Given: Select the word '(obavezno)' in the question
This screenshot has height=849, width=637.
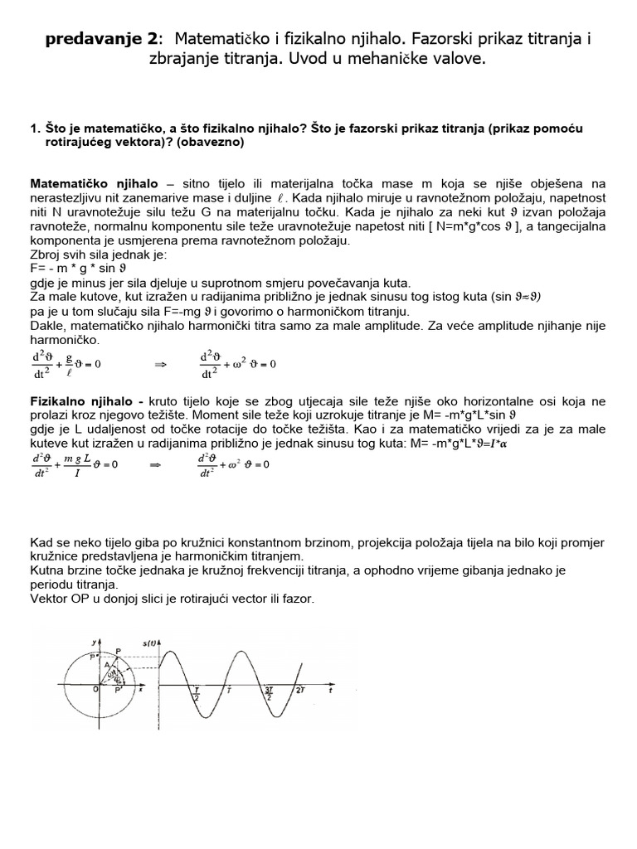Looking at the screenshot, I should click(x=212, y=142).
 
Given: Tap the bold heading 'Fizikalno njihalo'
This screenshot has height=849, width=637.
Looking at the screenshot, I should click(x=85, y=401).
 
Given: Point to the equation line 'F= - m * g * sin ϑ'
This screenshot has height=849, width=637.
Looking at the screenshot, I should click(x=80, y=269).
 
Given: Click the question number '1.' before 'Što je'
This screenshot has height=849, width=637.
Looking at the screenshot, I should click(x=35, y=129).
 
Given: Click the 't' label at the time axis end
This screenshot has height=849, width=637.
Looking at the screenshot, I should click(x=330, y=689).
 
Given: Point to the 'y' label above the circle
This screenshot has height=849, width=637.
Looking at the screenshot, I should click(x=96, y=636).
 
